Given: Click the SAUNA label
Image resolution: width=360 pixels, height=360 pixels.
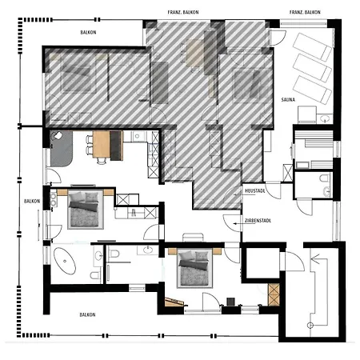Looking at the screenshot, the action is [288, 100].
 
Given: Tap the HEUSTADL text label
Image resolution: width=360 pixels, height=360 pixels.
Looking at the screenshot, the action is [255, 191].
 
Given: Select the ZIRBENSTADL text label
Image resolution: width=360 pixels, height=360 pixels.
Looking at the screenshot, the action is [258, 221].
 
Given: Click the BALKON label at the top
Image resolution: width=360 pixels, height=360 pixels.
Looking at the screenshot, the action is [88, 33].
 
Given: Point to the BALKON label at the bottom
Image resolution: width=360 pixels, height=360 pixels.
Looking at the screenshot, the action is [87, 315].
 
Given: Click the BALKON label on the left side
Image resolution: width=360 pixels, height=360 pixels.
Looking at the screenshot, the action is [32, 201].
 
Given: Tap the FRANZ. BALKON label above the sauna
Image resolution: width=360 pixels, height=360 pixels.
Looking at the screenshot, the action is [305, 12].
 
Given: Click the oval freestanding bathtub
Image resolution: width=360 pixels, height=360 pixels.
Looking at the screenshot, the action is [65, 261].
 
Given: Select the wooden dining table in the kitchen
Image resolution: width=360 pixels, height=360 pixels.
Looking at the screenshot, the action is [102, 146].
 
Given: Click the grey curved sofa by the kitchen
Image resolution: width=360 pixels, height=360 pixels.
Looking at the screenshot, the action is [62, 149].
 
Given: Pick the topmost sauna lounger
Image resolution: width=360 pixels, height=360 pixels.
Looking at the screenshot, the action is [312, 46].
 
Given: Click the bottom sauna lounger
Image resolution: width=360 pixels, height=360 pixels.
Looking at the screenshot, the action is [312, 90].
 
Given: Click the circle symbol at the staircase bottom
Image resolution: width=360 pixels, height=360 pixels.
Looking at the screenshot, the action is [310, 325].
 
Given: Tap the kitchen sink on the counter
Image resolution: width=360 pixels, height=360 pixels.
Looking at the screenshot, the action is [137, 136].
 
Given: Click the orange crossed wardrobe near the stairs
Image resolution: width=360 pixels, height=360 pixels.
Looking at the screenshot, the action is [274, 294].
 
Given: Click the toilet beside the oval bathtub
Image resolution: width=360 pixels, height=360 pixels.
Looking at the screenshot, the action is [95, 275].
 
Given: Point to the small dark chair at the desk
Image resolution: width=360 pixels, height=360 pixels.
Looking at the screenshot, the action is [230, 302].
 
